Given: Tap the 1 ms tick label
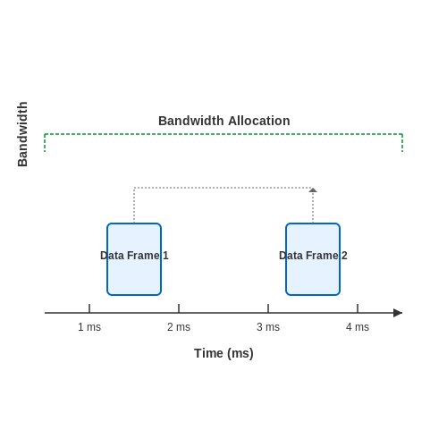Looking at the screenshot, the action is [89, 327].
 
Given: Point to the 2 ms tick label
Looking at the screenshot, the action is [179, 327].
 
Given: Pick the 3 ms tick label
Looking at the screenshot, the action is [268, 327].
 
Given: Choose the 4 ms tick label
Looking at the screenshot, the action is [358, 327].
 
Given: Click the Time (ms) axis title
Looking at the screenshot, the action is [223, 353].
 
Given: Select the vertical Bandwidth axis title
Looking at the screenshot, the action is [22, 134].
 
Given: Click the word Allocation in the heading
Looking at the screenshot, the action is [259, 121].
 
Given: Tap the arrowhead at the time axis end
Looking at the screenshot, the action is [398, 313].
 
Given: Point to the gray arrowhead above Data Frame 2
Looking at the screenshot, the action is [313, 190].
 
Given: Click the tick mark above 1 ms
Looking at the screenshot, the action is [89, 308].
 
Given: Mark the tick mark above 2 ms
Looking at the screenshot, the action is [179, 308].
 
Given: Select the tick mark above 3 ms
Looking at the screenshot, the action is [268, 308].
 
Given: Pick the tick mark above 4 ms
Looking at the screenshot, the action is [358, 308].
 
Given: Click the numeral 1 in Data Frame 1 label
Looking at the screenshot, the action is [165, 256].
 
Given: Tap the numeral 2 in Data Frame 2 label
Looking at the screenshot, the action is [344, 256].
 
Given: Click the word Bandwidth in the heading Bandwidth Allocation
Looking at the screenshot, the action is [191, 121].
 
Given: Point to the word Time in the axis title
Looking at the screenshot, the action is [208, 353].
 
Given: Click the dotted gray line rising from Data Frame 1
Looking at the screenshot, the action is [134, 206].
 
